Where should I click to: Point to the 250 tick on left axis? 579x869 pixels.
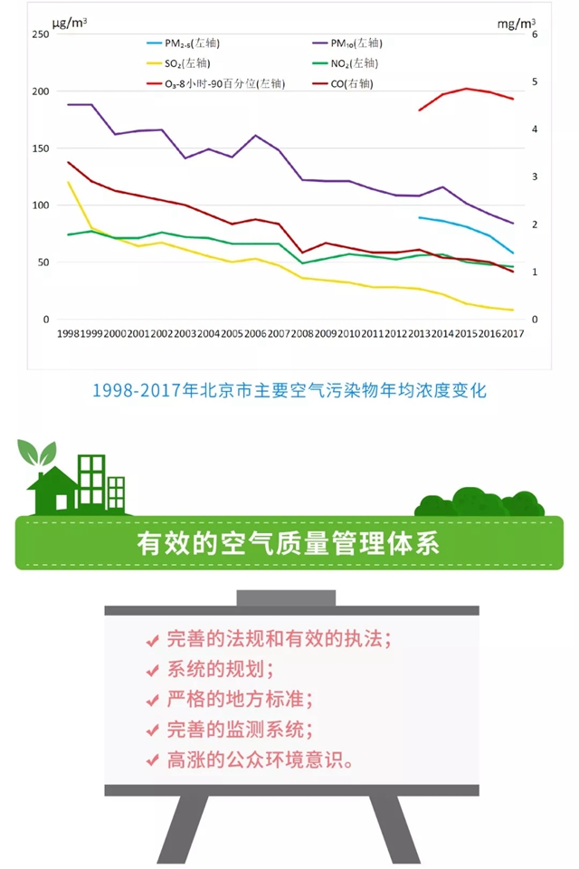tap(39, 34)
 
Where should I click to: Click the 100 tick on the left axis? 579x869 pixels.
tap(39, 205)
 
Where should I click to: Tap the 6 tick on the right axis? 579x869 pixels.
tap(535, 34)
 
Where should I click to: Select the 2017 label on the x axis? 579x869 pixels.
tap(512, 334)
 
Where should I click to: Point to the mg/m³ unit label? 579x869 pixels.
tap(516, 20)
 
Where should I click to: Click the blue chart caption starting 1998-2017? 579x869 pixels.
tap(289, 391)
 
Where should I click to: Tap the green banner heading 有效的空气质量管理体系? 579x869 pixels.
tap(289, 543)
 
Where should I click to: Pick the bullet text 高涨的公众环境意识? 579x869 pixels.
tap(260, 759)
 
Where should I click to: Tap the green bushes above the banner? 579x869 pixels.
tap(479, 502)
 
